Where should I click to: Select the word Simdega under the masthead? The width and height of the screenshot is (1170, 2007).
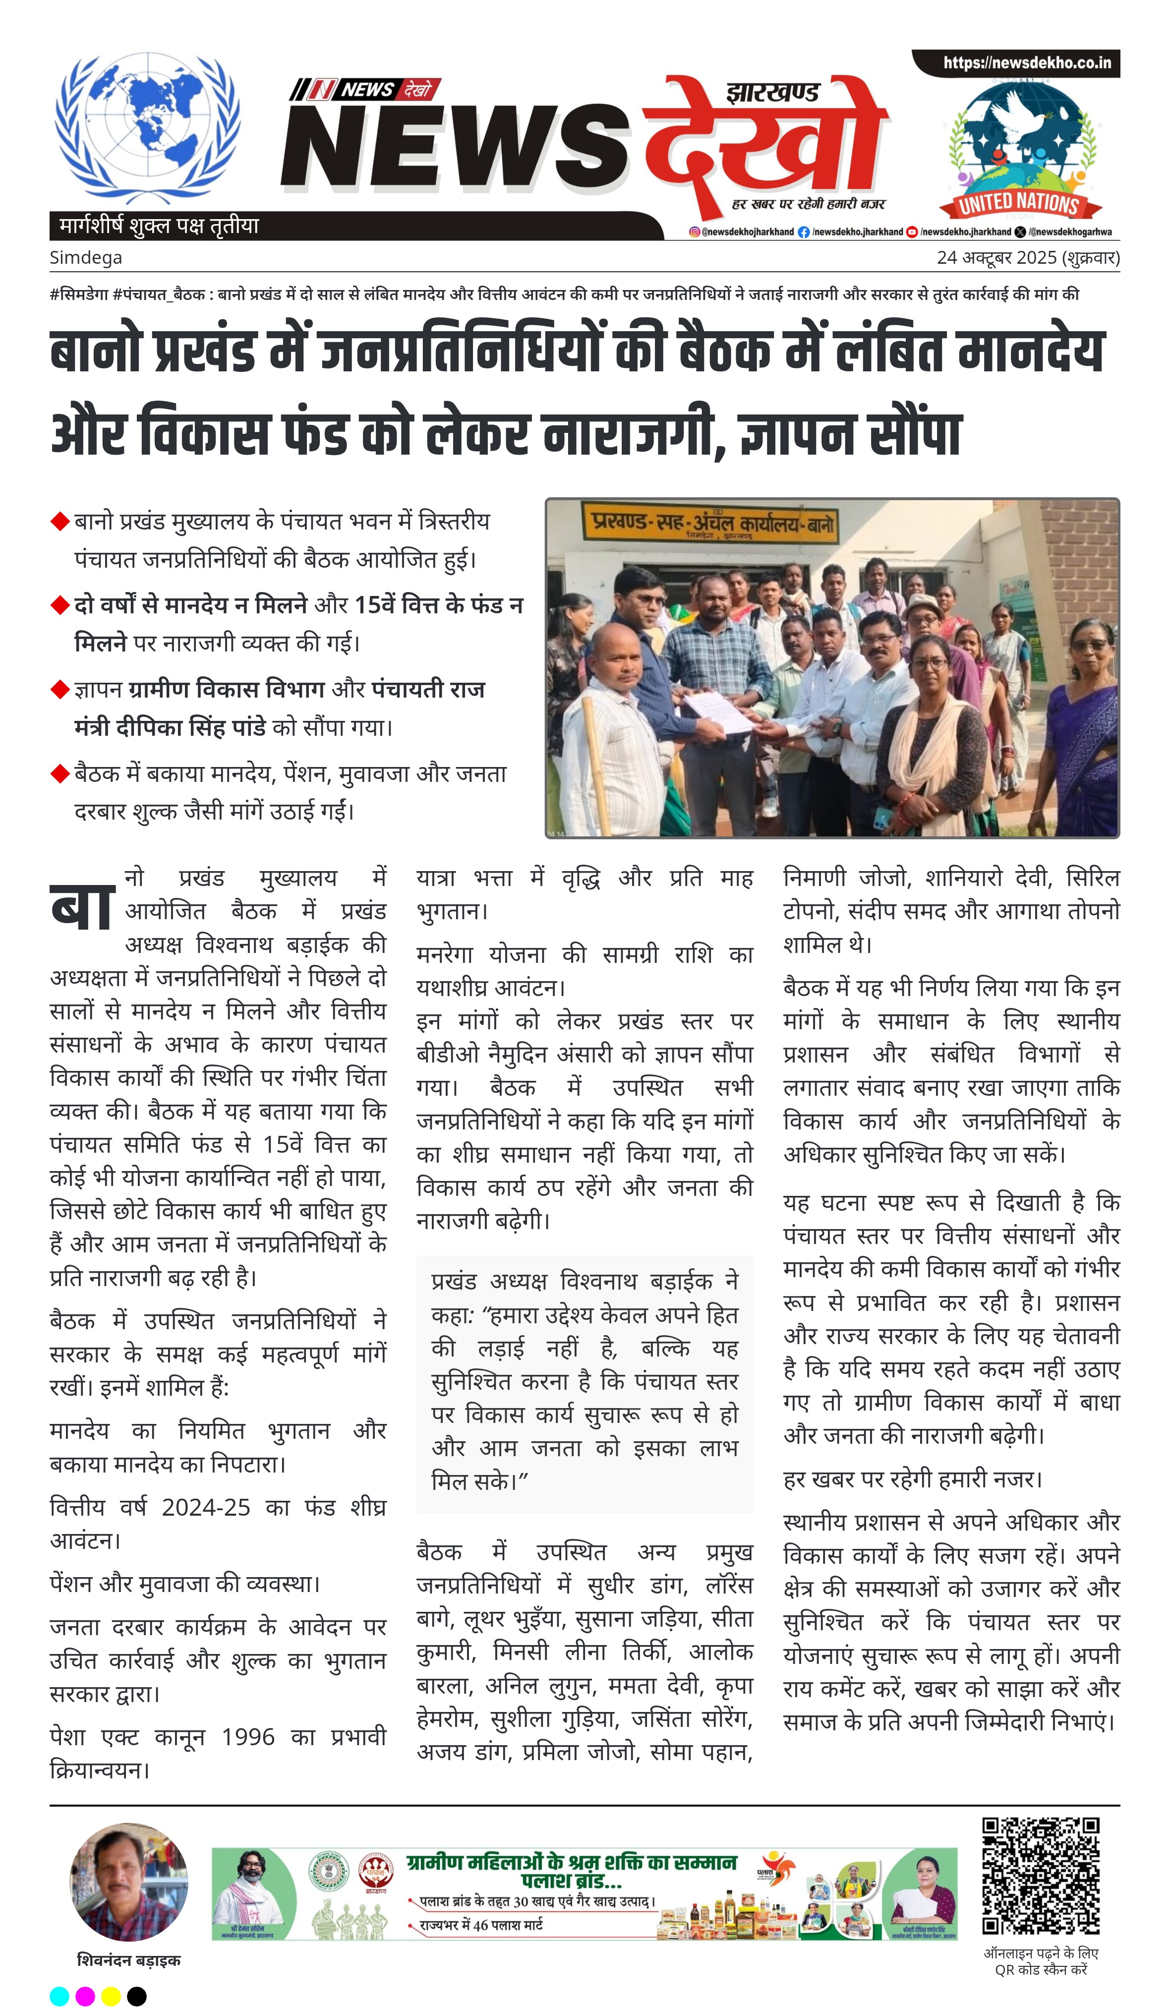click(x=86, y=258)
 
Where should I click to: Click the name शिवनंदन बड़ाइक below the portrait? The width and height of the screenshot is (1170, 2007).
click(x=129, y=1960)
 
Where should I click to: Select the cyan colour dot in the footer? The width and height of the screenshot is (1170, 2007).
click(x=59, y=1995)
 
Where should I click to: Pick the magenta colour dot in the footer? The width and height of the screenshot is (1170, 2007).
click(x=85, y=1995)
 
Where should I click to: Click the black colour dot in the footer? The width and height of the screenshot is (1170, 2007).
click(x=137, y=1995)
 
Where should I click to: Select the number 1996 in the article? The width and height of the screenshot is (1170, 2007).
click(x=248, y=1736)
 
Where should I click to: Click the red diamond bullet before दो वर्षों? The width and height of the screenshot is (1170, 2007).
click(x=59, y=605)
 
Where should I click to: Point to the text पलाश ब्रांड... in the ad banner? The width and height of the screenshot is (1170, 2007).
click(x=571, y=1881)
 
